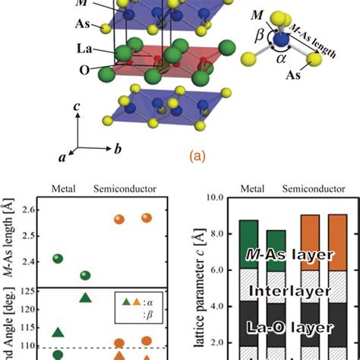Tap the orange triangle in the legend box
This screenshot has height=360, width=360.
135,302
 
